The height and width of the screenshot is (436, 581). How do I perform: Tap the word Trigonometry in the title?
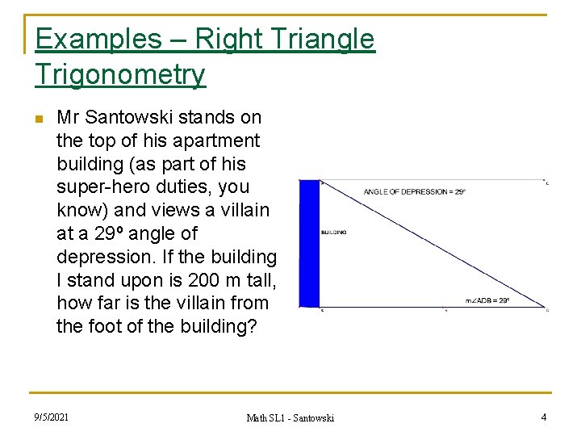[x=120, y=74]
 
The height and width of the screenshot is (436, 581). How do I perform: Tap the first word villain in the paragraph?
[x=239, y=211]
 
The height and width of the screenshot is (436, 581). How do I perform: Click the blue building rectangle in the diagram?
[x=309, y=242]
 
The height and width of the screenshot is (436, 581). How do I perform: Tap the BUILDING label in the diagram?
[x=333, y=233]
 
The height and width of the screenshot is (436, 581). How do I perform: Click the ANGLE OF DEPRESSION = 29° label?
[x=414, y=192]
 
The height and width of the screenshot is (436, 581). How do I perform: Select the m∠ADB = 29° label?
[x=487, y=300]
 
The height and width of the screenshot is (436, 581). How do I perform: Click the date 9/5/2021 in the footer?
[x=51, y=417]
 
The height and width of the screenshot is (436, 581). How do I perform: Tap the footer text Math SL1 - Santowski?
[x=290, y=417]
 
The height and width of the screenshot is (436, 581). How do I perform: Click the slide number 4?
[x=542, y=417]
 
